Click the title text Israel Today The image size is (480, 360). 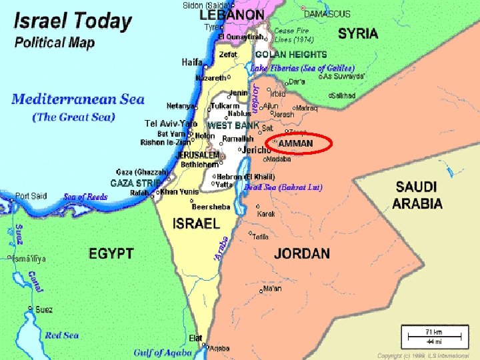click(x=73, y=21)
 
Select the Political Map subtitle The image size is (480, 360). click(x=55, y=43)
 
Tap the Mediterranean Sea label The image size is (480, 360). click(x=78, y=100)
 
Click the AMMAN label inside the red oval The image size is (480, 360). click(x=295, y=144)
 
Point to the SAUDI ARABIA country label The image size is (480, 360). click(x=417, y=195)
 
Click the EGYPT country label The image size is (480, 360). click(x=111, y=254)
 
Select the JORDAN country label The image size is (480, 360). click(x=301, y=253)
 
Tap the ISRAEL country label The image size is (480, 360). click(x=196, y=224)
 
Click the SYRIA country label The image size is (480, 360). click(x=357, y=33)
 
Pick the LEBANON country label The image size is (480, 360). click(x=231, y=14)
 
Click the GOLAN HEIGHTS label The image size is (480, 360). click(x=291, y=55)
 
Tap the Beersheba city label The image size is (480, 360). click(x=211, y=207)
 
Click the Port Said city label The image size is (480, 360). click(x=31, y=196)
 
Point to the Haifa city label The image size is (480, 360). click(x=193, y=62)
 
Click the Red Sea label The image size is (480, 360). click(x=62, y=335)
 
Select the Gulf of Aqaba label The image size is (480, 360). click(x=163, y=352)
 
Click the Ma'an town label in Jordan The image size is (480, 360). click(x=272, y=289)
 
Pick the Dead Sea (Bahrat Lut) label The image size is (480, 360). click(x=283, y=187)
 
